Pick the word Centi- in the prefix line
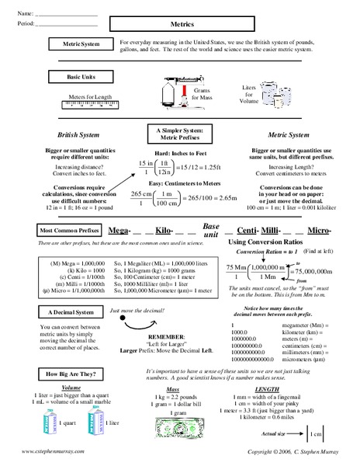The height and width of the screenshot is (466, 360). click(x=247, y=231)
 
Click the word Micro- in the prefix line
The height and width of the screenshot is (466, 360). click(x=318, y=231)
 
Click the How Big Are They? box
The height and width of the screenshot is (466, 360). click(x=70, y=374)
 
